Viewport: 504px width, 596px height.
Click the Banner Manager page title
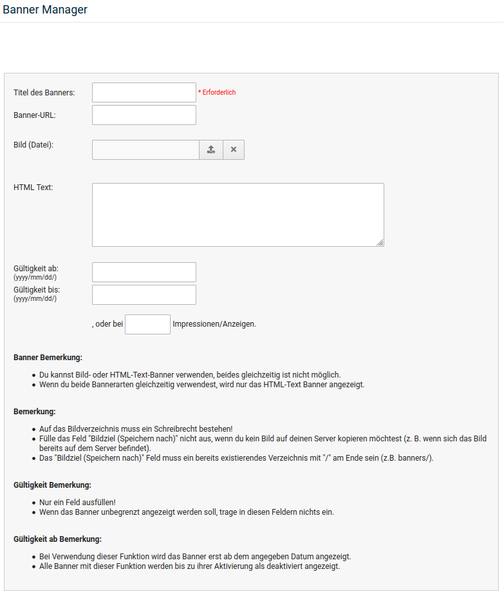click(45, 10)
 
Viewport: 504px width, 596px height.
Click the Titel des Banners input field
click(144, 92)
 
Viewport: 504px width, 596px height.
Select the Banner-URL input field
click(144, 115)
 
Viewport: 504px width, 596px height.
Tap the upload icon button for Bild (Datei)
click(211, 149)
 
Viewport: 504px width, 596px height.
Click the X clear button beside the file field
click(234, 149)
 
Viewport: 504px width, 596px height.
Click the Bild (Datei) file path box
click(145, 149)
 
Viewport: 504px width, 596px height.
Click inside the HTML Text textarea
click(238, 215)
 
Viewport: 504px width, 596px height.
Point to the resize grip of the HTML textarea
click(380, 243)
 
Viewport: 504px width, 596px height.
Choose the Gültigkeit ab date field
click(144, 272)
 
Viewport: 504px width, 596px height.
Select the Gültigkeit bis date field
click(144, 294)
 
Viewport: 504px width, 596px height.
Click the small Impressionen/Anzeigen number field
click(147, 324)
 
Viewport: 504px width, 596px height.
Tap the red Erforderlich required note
click(217, 93)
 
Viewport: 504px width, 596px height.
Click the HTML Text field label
click(33, 187)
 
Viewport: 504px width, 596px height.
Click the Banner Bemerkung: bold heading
click(48, 357)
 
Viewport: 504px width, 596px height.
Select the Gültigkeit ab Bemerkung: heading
click(58, 539)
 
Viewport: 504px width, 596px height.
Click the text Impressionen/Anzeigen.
click(214, 324)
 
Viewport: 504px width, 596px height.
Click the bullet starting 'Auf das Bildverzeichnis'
click(136, 428)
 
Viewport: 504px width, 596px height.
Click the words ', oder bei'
click(107, 324)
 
